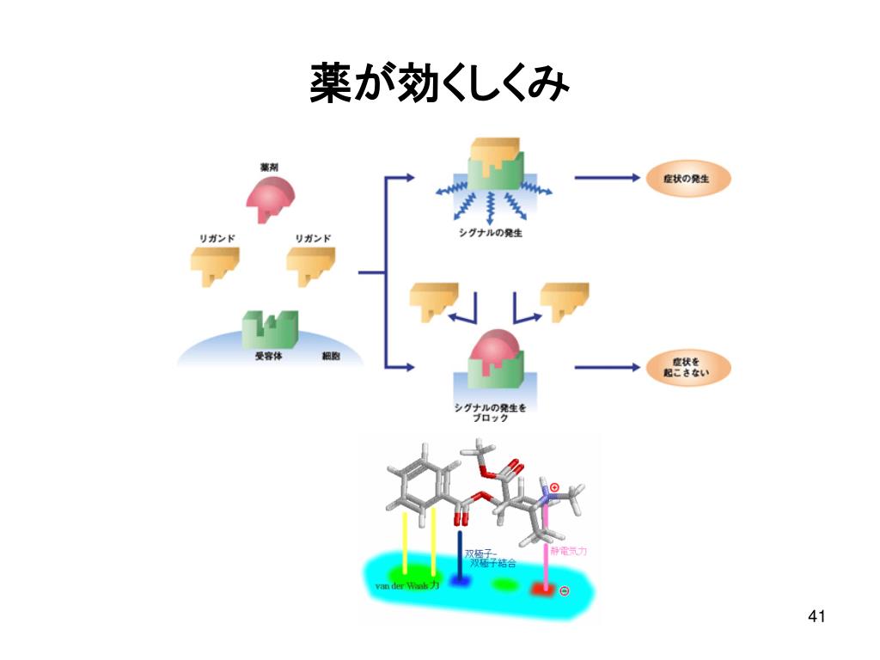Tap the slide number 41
[816, 616]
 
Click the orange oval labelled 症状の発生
[687, 179]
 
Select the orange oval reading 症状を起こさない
[687, 368]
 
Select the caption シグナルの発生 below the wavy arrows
[491, 233]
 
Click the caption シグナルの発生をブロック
[491, 412]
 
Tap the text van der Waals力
[407, 587]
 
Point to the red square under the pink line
[542, 590]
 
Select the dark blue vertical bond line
[460, 554]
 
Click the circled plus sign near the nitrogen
[554, 487]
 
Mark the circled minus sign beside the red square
[564, 591]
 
